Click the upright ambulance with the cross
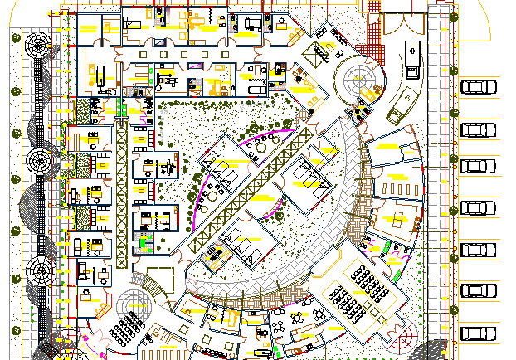click(412, 57)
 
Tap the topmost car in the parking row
click(476, 88)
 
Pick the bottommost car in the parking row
click(476, 333)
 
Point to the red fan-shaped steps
click(406, 338)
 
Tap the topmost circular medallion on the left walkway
click(38, 46)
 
